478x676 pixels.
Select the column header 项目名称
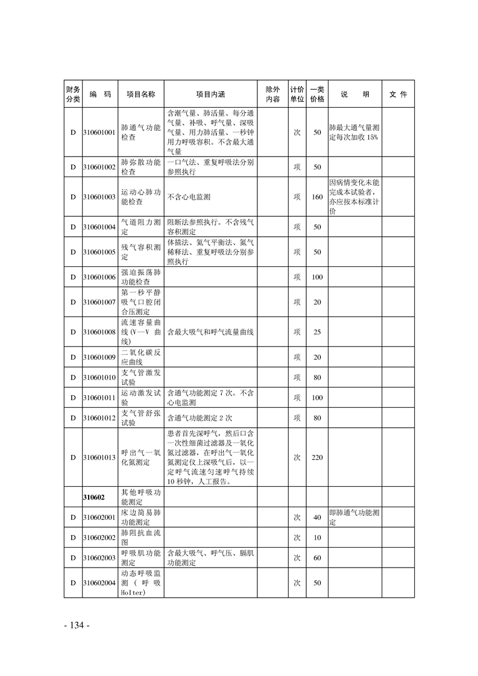pyautogui.click(x=140, y=95)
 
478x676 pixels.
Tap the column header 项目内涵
pyautogui.click(x=210, y=95)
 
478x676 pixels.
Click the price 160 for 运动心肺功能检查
pyautogui.click(x=317, y=196)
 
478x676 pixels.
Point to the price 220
pyautogui.click(x=317, y=457)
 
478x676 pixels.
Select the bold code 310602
pyautogui.click(x=94, y=498)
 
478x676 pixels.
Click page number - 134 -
pyautogui.click(x=77, y=625)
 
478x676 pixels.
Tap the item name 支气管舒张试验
pyautogui.click(x=140, y=418)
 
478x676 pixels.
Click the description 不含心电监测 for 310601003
pyautogui.click(x=189, y=196)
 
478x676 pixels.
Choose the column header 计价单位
pyautogui.click(x=297, y=95)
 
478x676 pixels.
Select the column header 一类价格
pyautogui.click(x=317, y=95)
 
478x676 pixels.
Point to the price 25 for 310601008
pyautogui.click(x=317, y=332)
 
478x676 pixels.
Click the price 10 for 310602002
pyautogui.click(x=317, y=537)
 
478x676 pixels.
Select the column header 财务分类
pyautogui.click(x=72, y=95)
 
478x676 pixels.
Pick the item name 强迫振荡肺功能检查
pyautogui.click(x=140, y=277)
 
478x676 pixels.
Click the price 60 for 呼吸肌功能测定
pyautogui.click(x=317, y=558)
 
